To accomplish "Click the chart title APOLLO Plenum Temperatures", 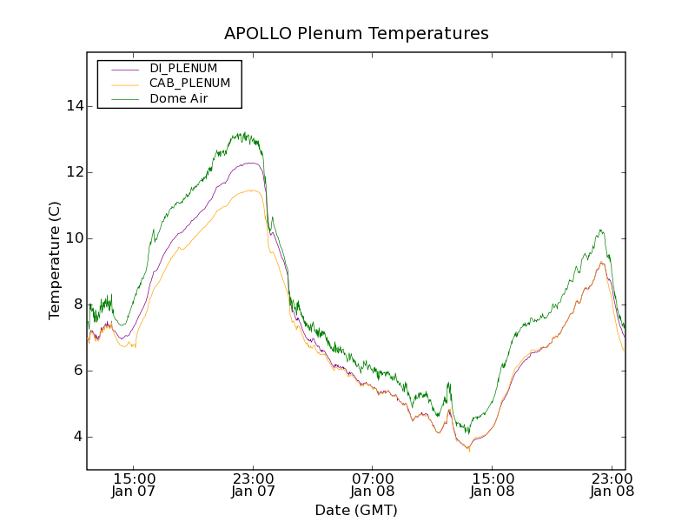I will pyautogui.click(x=356, y=34).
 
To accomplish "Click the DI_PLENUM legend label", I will pyautogui.click(x=183, y=68).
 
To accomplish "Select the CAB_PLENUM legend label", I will pyautogui.click(x=190, y=84).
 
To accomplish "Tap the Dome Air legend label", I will pyautogui.click(x=179, y=98).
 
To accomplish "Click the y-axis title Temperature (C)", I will pyautogui.click(x=55, y=260).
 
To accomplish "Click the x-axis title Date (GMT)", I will pyautogui.click(x=356, y=511).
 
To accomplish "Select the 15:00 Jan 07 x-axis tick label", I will pyautogui.click(x=135, y=485).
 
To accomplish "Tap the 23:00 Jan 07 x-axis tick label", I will pyautogui.click(x=254, y=485).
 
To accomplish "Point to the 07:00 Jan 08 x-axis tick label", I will pyautogui.click(x=373, y=485).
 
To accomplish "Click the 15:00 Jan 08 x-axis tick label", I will pyautogui.click(x=493, y=485).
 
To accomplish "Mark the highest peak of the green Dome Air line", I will pyautogui.click(x=246, y=133).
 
